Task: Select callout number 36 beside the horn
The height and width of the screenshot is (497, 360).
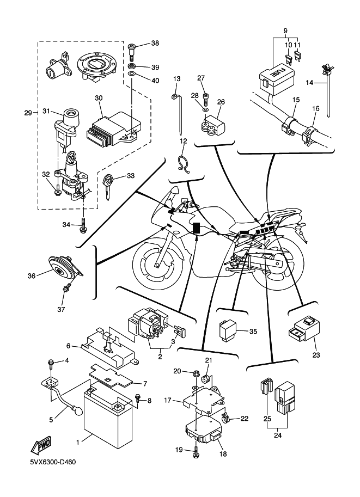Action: [31, 276]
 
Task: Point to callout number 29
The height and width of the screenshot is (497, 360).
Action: [28, 113]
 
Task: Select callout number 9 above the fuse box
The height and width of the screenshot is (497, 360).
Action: [285, 30]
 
